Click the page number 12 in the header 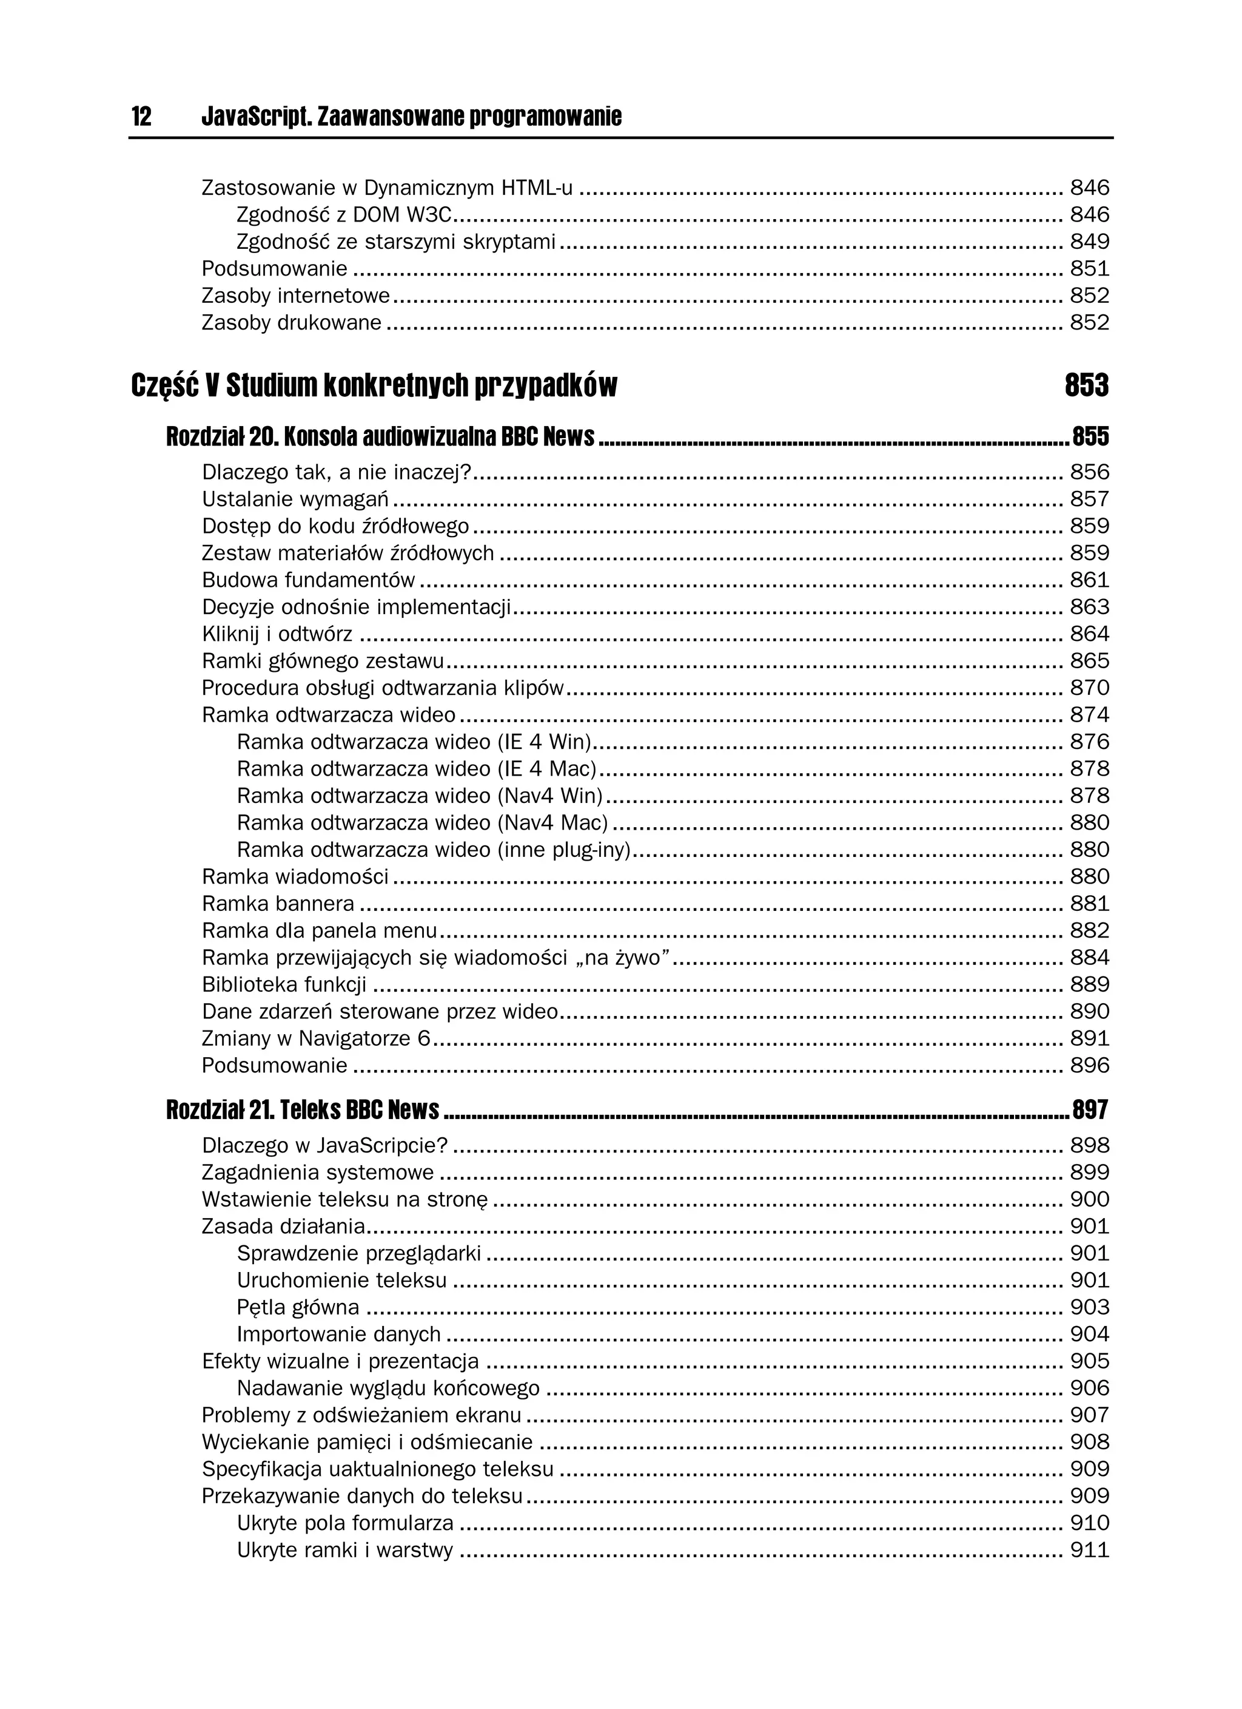(141, 117)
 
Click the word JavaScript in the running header (256, 117)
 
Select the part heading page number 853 (1086, 386)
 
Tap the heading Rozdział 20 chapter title (380, 436)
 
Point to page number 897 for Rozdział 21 (1090, 1110)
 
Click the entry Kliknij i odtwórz (277, 634)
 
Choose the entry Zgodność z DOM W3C (343, 215)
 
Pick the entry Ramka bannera (277, 904)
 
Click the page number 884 (1089, 958)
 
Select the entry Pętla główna (298, 1307)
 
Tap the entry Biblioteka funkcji (284, 985)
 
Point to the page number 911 (1089, 1550)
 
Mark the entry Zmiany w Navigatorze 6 (315, 1039)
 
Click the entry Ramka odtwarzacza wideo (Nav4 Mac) (422, 823)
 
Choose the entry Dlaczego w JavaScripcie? (324, 1146)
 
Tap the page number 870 (1089, 689)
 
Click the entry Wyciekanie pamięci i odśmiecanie (367, 1442)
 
